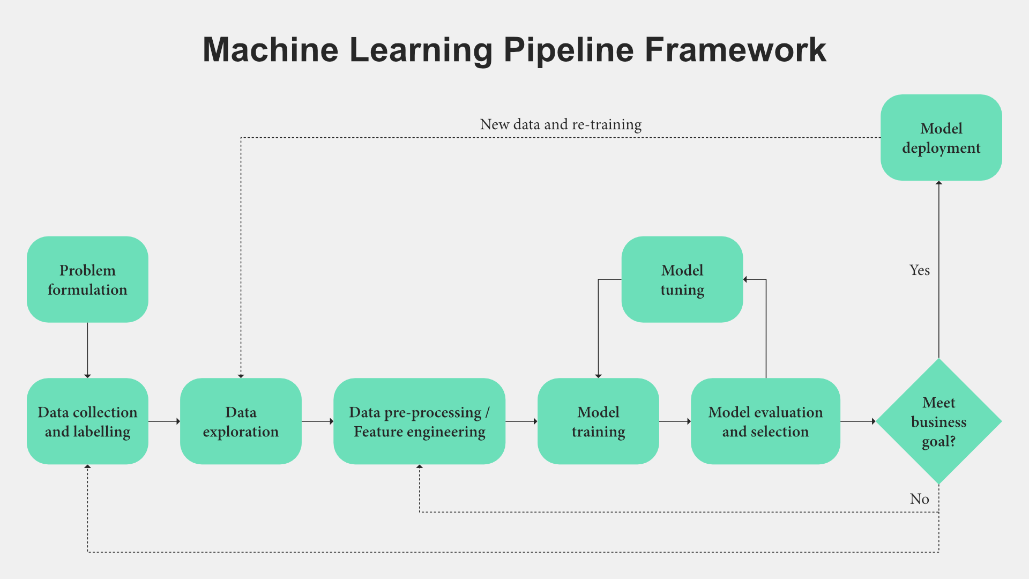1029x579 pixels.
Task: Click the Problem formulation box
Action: (x=87, y=279)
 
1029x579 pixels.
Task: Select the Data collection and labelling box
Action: (x=87, y=421)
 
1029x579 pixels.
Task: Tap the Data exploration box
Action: (x=241, y=421)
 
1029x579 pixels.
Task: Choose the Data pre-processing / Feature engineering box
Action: (x=419, y=421)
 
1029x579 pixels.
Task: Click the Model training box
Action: (x=598, y=421)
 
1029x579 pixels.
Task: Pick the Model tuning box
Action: (x=682, y=279)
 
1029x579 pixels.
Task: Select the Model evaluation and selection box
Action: (x=765, y=421)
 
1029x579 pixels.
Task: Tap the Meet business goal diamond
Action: (x=938, y=421)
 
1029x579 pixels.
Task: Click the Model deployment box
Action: (x=941, y=138)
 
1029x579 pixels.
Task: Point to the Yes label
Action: (x=920, y=270)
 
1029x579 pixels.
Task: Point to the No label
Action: (x=920, y=499)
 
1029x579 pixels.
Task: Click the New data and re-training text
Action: (x=561, y=124)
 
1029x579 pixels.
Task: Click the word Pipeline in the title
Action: (x=569, y=50)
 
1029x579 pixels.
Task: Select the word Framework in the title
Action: (x=735, y=50)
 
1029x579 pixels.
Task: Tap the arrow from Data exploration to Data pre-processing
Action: (x=317, y=421)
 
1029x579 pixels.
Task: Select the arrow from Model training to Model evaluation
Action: (x=675, y=421)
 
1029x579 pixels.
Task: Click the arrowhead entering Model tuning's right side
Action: (x=745, y=279)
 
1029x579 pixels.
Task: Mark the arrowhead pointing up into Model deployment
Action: (x=939, y=183)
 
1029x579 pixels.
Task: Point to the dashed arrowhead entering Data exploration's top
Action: (x=241, y=376)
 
